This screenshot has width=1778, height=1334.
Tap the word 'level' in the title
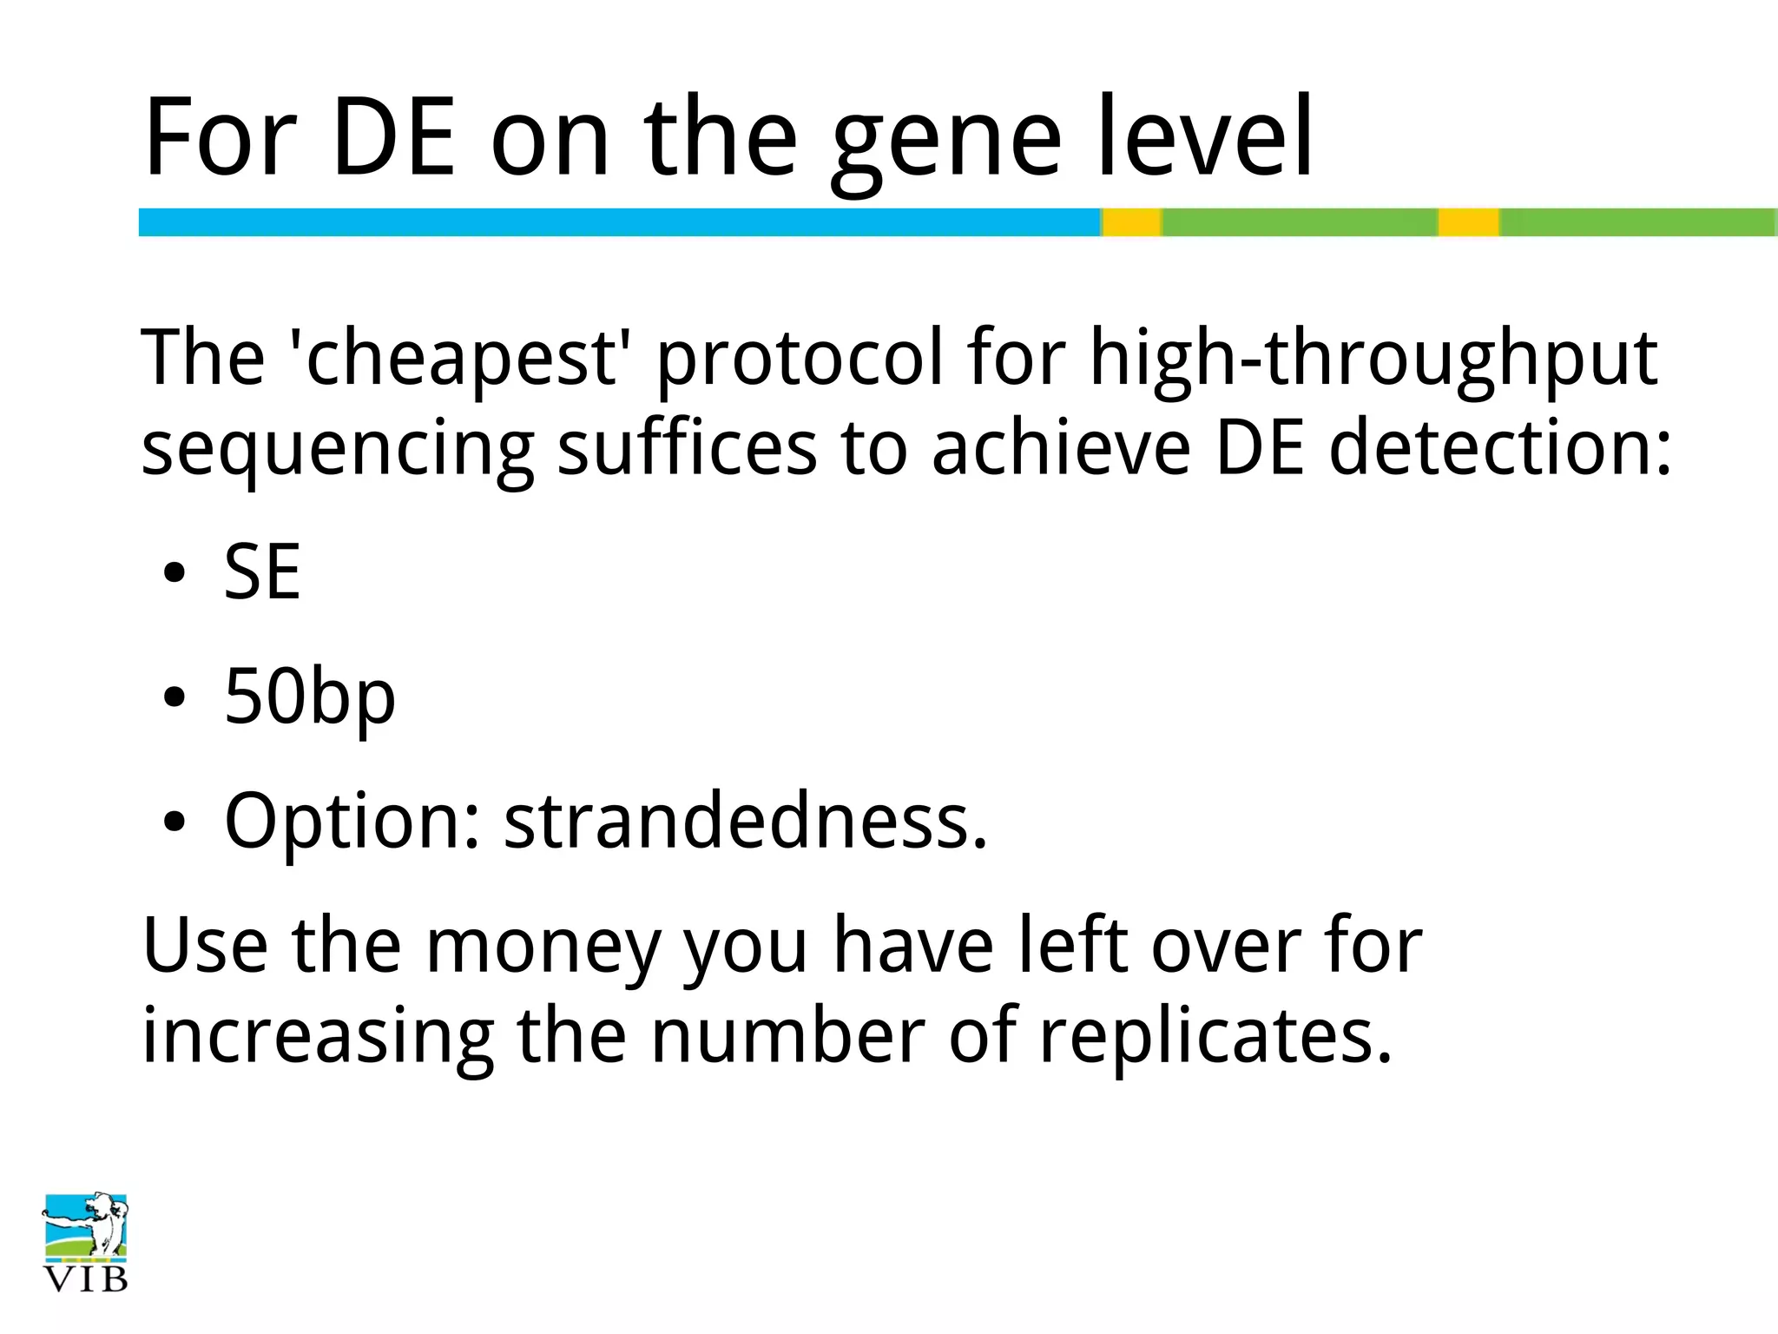pyautogui.click(x=1205, y=136)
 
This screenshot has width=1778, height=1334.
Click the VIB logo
pyautogui.click(x=85, y=1241)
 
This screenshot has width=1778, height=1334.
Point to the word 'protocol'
pyautogui.click(x=799, y=357)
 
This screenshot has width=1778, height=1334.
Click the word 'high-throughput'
pyautogui.click(x=1373, y=357)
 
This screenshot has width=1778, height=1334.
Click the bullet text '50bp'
pyautogui.click(x=310, y=697)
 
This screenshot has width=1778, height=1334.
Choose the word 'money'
pyautogui.click(x=543, y=947)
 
